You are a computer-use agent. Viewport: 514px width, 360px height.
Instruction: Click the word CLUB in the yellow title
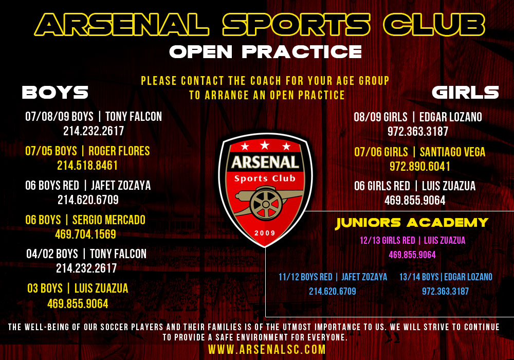[434, 25]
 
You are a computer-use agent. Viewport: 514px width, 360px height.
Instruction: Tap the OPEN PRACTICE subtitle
[266, 52]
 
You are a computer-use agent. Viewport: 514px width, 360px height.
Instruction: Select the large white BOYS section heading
[55, 93]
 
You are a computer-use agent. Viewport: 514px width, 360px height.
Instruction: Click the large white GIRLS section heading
[465, 93]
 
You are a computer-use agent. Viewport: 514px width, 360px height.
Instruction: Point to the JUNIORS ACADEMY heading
[412, 223]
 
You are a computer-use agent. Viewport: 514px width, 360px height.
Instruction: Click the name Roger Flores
[119, 151]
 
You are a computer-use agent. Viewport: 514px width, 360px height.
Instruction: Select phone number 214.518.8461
[87, 166]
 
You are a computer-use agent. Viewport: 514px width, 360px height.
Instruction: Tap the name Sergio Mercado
[109, 220]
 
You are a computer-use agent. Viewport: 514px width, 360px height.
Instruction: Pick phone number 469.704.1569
[85, 235]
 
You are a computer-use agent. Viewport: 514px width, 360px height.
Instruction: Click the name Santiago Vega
[452, 152]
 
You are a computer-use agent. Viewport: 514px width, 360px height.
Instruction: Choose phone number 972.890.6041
[420, 167]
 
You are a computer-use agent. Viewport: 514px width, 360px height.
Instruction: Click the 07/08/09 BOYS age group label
[59, 117]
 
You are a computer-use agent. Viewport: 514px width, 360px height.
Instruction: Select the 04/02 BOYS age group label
[52, 254]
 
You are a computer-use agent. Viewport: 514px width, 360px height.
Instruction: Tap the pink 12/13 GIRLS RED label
[388, 241]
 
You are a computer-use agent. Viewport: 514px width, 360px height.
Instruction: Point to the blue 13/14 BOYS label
[419, 277]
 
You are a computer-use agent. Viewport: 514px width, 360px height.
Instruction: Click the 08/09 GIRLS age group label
[380, 117]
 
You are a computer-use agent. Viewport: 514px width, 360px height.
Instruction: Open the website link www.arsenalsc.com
[267, 350]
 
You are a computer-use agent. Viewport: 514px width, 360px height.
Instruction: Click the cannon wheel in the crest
[266, 205]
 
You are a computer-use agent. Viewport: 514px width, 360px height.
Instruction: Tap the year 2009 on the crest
[265, 233]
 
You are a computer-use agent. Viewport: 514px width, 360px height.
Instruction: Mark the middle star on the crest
[265, 145]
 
